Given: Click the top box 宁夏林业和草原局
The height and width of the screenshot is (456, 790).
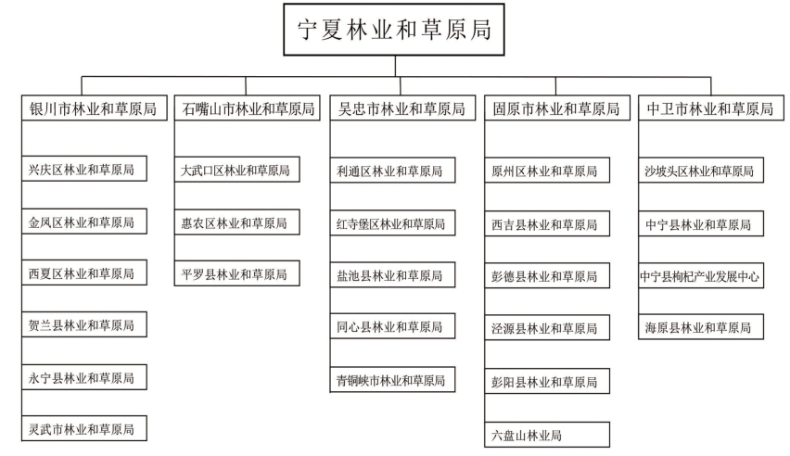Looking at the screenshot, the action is tap(394, 30).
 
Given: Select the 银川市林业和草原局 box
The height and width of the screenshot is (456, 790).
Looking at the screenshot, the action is tap(95, 108).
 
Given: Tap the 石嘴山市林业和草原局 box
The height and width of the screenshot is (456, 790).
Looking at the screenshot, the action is tap(248, 108).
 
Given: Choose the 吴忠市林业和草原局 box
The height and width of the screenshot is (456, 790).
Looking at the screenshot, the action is tap(402, 108).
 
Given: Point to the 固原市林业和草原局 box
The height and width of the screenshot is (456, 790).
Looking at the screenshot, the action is tap(557, 108).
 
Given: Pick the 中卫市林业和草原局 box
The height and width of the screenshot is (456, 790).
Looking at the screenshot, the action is tap(711, 108).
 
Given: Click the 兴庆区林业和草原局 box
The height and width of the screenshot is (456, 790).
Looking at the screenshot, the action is tap(84, 169).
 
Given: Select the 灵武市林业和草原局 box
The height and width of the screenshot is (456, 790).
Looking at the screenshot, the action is tap(84, 428).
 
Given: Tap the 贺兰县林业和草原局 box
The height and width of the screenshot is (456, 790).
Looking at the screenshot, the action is tap(84, 324).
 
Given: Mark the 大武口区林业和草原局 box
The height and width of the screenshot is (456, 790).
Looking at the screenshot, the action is tap(236, 170).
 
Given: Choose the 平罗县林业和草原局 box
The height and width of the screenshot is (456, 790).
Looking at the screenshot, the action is tap(236, 273).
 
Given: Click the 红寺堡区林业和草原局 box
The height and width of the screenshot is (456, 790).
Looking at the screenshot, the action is tap(392, 223).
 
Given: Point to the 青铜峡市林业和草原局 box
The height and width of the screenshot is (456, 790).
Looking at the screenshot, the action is tap(392, 379).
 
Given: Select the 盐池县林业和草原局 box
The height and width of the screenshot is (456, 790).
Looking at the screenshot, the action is tap(392, 274).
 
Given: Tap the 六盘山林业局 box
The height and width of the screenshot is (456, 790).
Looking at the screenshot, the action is tap(547, 435).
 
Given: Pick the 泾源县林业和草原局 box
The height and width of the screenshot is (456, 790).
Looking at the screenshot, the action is tap(547, 327).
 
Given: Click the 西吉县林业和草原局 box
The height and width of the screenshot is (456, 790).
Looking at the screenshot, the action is tap(547, 223).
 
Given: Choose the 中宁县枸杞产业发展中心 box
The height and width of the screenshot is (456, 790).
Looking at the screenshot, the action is tap(701, 275).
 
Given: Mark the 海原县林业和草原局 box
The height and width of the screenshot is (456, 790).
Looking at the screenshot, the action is tap(701, 326).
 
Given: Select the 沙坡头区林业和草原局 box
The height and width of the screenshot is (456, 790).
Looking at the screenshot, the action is tap(701, 170).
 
